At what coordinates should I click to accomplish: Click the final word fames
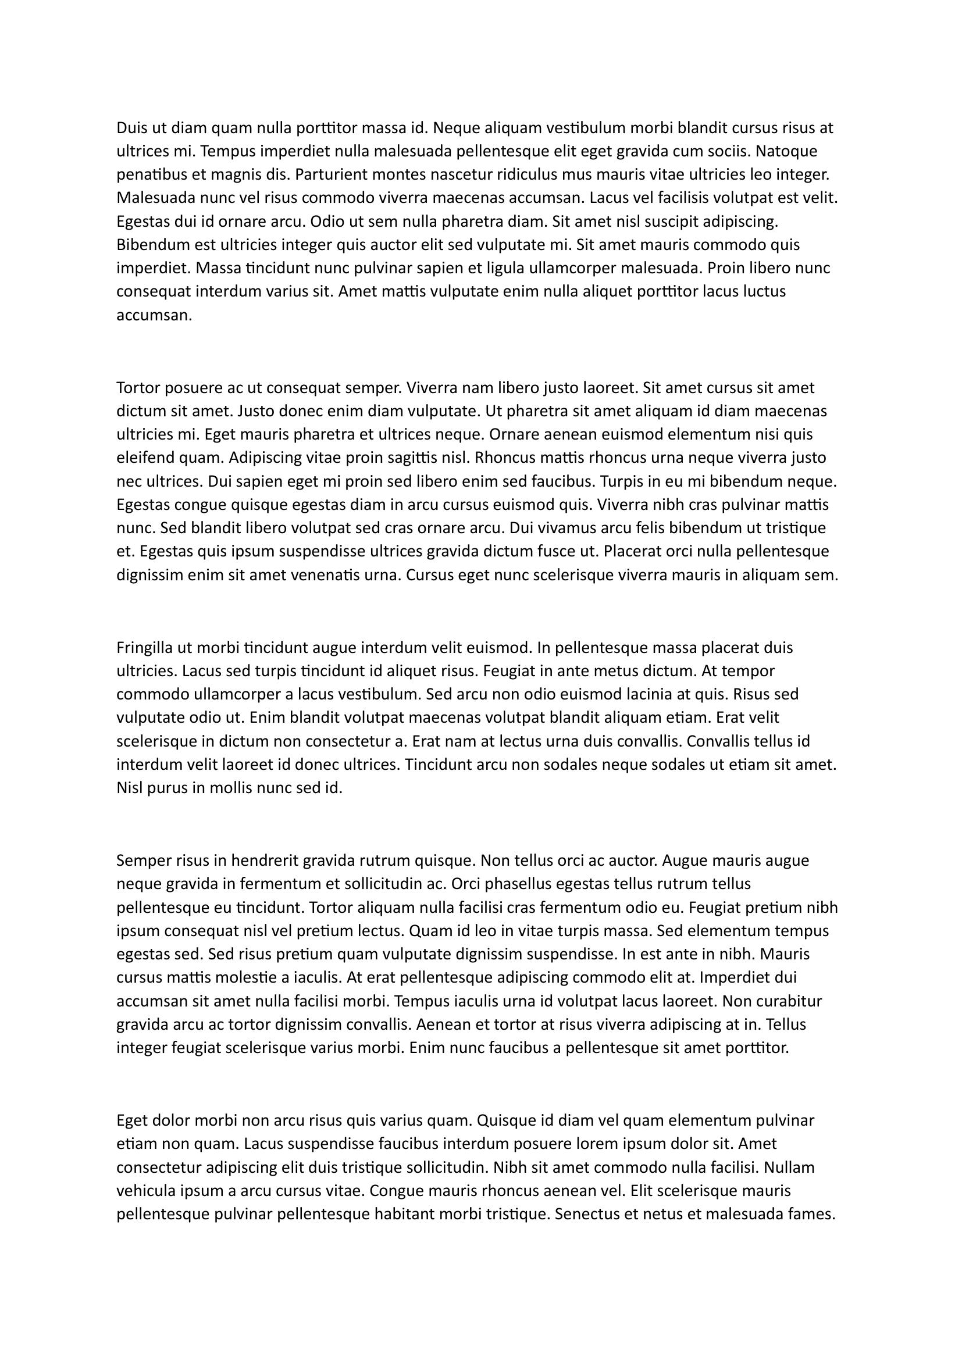[811, 1214]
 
